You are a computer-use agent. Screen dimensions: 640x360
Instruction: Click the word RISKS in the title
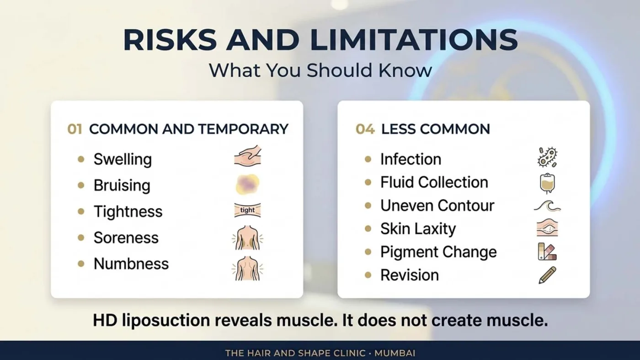click(170, 40)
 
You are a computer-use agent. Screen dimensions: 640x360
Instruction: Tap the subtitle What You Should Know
click(320, 70)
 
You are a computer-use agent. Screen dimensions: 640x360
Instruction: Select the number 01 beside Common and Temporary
click(75, 129)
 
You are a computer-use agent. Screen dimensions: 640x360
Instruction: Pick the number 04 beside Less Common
click(365, 129)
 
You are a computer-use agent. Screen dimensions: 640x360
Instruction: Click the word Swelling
click(123, 159)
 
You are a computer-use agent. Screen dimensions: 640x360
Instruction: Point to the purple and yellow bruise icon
click(247, 184)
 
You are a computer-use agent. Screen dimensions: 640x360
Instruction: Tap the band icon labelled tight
click(247, 210)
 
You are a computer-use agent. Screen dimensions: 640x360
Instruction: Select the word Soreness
click(126, 238)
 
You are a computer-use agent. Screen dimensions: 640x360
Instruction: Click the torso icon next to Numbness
click(247, 268)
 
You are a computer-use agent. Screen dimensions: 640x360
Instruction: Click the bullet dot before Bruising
click(81, 185)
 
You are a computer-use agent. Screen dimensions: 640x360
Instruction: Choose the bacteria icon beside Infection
click(547, 157)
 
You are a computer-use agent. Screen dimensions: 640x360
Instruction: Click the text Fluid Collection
click(434, 182)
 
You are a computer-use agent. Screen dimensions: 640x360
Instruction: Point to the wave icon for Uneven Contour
click(547, 206)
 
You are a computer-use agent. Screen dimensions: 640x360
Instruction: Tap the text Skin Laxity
click(418, 229)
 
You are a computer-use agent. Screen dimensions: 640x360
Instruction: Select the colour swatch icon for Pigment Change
click(547, 252)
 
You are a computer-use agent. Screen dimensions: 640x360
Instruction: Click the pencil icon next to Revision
click(547, 275)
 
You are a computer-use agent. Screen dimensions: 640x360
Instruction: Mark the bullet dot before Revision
click(368, 275)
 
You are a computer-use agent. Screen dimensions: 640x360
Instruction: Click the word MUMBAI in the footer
click(395, 354)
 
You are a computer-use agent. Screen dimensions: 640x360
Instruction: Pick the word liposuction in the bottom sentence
click(166, 321)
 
